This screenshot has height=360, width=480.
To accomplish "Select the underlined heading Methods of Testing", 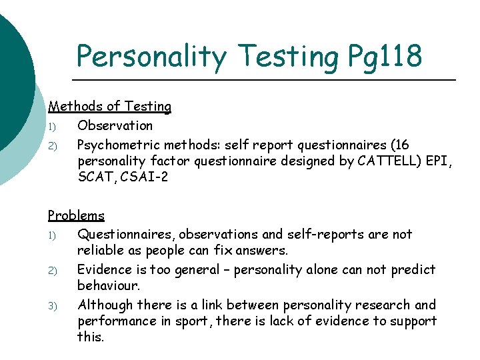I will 109,107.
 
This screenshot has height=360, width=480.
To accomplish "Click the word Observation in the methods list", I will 115,125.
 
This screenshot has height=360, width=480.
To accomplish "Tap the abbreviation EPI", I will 440,161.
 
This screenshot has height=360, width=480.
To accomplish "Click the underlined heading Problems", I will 76,215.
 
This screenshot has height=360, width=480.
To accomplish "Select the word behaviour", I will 108,287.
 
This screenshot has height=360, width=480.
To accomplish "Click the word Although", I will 105,305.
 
